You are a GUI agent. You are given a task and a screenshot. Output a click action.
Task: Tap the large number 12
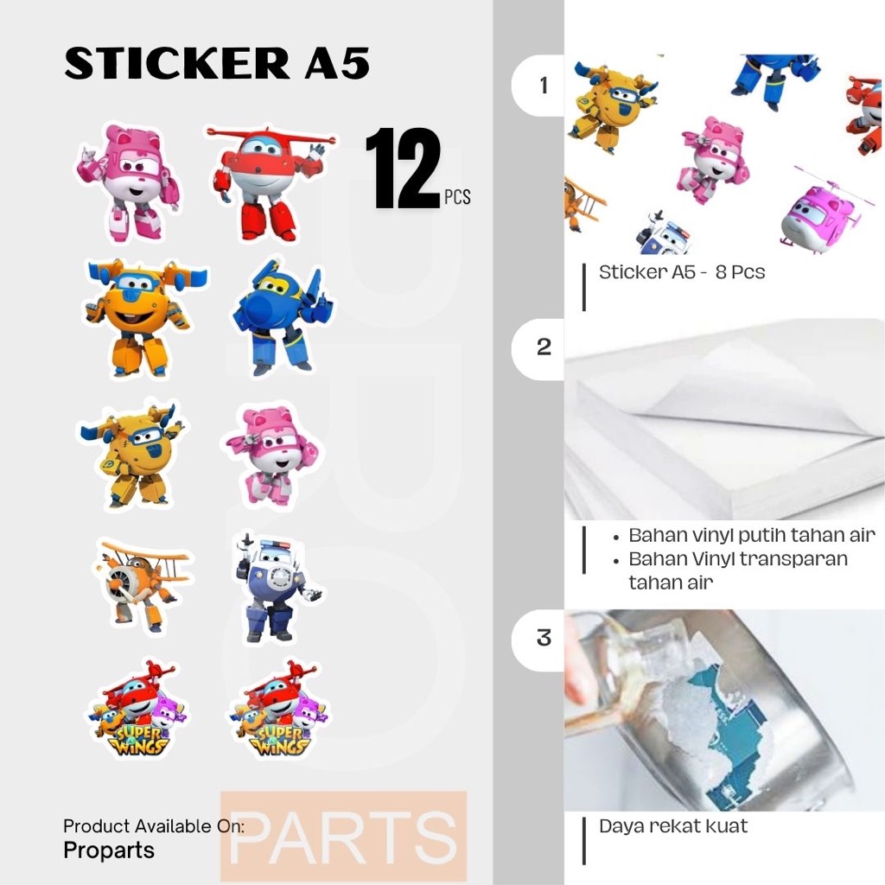pyautogui.click(x=403, y=169)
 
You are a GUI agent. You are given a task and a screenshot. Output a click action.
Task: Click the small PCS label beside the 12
pyautogui.click(x=457, y=197)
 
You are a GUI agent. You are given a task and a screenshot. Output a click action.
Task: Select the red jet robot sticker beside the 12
pyautogui.click(x=270, y=181)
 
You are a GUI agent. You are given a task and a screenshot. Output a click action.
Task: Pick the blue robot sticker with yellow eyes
pyautogui.click(x=282, y=315)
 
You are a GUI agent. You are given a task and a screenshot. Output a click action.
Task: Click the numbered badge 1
pyautogui.click(x=543, y=86)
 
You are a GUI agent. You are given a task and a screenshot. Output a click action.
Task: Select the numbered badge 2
pyautogui.click(x=543, y=347)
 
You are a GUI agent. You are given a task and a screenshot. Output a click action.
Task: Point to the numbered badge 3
pyautogui.click(x=543, y=638)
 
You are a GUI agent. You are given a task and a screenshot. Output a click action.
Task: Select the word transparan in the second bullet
pyautogui.click(x=787, y=558)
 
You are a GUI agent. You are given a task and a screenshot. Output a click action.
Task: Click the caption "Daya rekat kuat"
pyautogui.click(x=672, y=825)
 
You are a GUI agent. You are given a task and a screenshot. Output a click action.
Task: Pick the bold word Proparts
pyautogui.click(x=109, y=850)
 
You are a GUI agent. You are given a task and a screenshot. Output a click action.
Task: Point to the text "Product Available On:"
pyautogui.click(x=153, y=826)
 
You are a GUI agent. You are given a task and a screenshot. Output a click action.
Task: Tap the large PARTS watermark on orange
pyautogui.click(x=343, y=837)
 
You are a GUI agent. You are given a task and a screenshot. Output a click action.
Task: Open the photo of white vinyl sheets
pyautogui.click(x=724, y=419)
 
